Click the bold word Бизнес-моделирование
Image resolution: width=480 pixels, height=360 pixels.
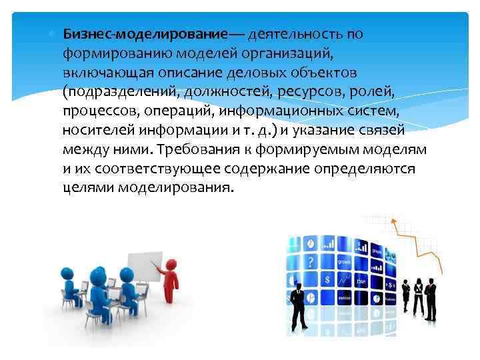click(145, 34)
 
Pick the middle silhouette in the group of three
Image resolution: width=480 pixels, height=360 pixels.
click(418, 293)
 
